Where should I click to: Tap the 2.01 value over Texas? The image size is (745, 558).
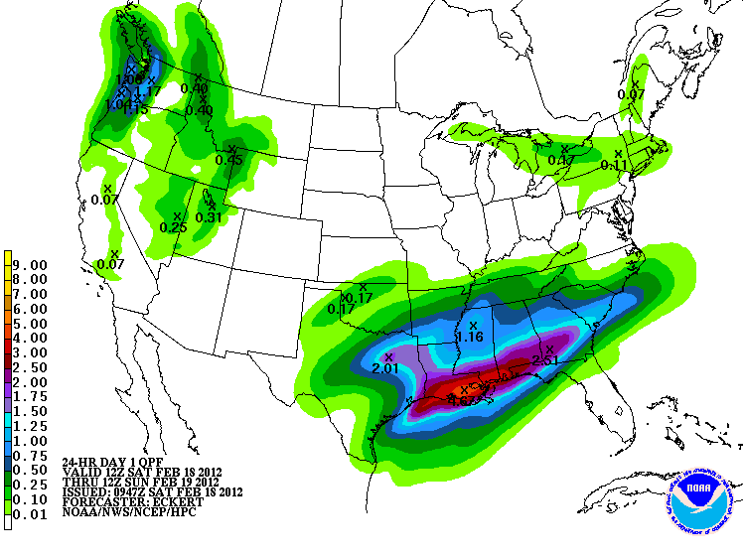click(384, 368)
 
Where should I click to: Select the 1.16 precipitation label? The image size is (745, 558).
click(469, 338)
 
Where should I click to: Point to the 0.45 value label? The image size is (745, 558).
click(229, 160)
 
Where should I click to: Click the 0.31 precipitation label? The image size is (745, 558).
click(208, 217)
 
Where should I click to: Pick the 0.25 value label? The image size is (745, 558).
click(174, 227)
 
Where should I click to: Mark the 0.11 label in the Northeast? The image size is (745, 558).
click(614, 165)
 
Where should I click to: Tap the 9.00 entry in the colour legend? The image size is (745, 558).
click(31, 265)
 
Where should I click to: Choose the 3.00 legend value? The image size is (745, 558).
click(31, 352)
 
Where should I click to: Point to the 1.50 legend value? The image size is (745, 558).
click(31, 410)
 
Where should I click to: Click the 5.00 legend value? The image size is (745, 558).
click(31, 324)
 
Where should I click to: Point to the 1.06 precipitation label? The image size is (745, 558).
click(130, 79)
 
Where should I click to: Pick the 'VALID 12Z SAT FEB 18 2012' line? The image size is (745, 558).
click(142, 471)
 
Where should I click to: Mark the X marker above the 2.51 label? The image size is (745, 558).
click(549, 348)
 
